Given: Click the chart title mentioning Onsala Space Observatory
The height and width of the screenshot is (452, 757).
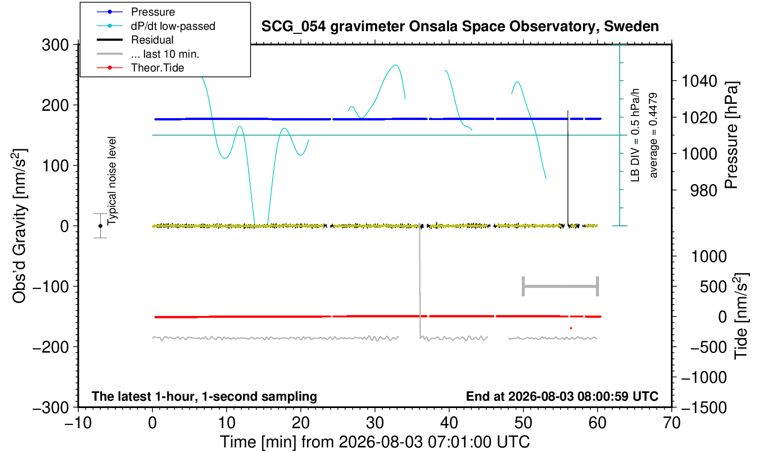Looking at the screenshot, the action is coord(460,26).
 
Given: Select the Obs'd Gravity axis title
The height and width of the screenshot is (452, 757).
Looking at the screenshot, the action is coord(19,226).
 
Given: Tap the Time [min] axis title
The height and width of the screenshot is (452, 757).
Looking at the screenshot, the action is coord(375,442).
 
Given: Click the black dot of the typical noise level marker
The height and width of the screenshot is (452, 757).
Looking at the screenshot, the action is coord(100,226).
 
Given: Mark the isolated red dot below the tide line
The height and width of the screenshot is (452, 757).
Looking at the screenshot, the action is coord(571,328).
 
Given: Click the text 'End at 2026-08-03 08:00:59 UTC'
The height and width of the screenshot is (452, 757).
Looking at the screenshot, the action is coord(562,396).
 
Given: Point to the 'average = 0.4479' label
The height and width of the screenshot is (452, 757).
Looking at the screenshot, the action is coord(653,135).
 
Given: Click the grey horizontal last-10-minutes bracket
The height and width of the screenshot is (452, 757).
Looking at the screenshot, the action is coord(561,286).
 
